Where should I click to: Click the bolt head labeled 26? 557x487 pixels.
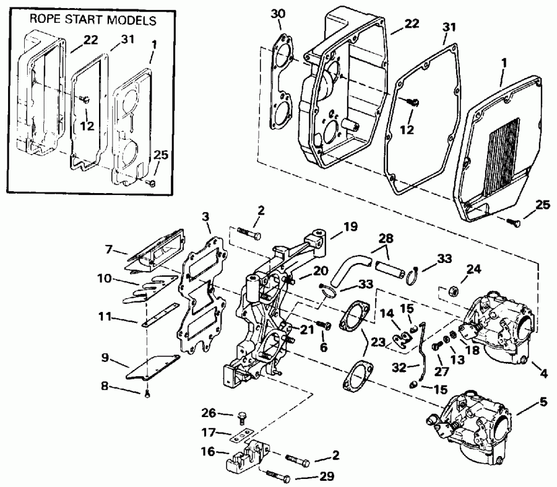(x=242, y=415)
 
